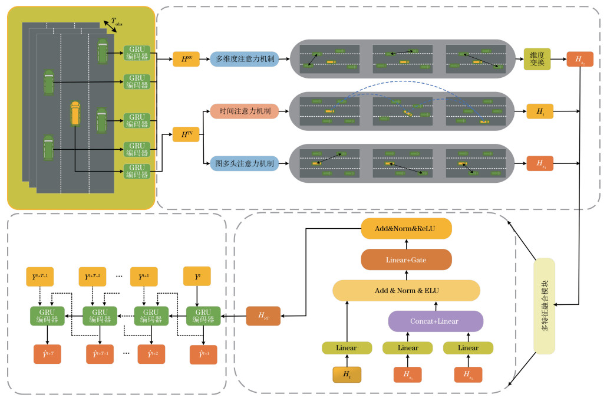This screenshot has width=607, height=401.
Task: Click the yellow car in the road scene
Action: coord(75,113)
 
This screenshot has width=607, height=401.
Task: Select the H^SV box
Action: coord(186,58)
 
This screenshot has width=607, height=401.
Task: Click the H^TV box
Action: coord(186,134)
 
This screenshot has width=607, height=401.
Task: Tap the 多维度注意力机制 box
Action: coord(244,59)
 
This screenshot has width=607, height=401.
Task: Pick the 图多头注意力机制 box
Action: coord(244,163)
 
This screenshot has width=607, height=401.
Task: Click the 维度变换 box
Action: coord(537,59)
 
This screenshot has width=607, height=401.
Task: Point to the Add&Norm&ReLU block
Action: coord(407,229)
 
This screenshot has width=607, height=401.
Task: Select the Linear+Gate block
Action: coord(407,259)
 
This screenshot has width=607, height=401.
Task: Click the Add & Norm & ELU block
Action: coord(407,290)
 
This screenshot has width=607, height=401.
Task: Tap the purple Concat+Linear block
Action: coord(436,321)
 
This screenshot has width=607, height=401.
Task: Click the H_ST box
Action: coord(263,317)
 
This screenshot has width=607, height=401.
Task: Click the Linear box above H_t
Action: coord(347,348)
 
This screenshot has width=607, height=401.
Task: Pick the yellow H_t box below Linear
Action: coord(347,374)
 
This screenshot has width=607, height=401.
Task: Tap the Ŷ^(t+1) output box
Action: coord(203,354)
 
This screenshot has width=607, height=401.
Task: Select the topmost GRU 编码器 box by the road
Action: coord(137,54)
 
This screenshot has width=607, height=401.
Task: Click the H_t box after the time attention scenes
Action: coord(540,111)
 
